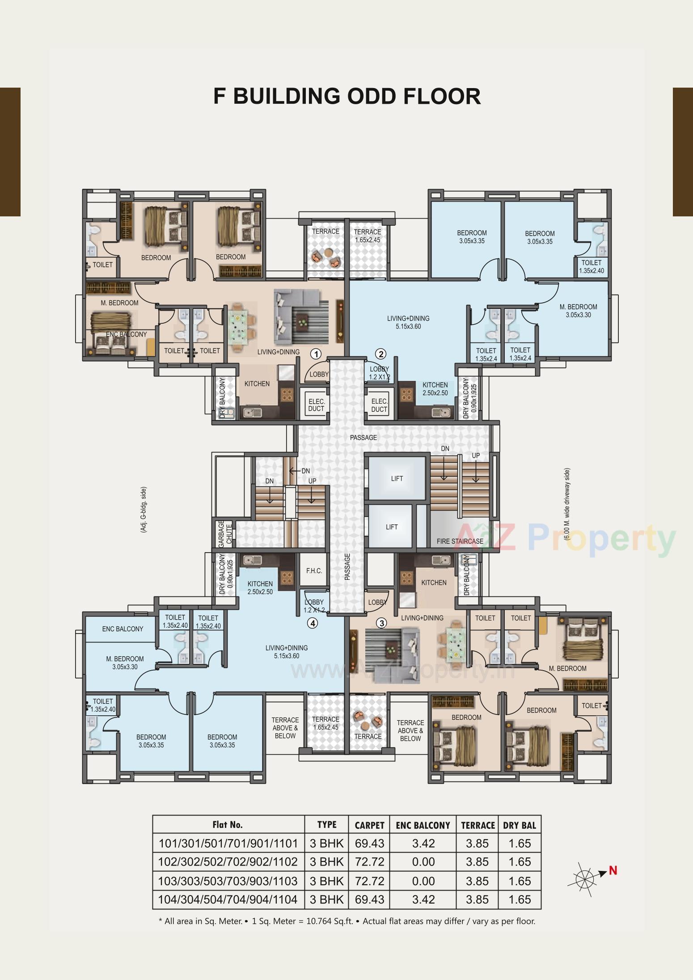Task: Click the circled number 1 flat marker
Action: pos(316,354)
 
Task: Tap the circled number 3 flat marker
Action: pos(381,623)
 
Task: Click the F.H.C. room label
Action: pos(314,571)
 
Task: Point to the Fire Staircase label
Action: pos(460,541)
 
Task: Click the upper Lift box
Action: pos(397,478)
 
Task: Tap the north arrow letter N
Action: pos(613,870)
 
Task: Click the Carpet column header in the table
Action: pos(369,825)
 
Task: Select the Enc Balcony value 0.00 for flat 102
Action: pos(423,862)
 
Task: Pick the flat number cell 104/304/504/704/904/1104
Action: pos(228,900)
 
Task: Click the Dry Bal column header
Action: pos(519,825)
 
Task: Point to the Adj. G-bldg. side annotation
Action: pos(144,510)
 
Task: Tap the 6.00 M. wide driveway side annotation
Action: pos(567,504)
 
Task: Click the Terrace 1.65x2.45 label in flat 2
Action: pos(367,236)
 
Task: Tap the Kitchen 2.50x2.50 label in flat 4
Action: pos(260,587)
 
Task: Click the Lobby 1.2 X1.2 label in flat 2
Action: pos(379,373)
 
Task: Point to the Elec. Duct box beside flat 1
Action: pos(316,405)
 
